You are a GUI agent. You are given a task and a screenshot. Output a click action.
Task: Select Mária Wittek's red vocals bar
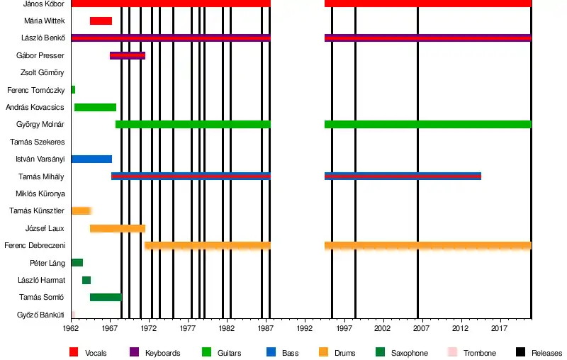101,21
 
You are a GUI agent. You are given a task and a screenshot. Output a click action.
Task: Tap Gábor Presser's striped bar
128,55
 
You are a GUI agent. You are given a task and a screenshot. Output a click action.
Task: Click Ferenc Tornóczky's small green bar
73,90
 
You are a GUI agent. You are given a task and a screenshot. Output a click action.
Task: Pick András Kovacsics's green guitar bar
95,107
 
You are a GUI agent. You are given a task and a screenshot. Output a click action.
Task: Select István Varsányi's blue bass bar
91,159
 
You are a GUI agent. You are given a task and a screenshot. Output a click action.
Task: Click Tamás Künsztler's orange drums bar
81,210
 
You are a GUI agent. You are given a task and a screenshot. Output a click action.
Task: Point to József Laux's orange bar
118,228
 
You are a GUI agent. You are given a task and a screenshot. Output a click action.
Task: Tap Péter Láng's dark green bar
77,263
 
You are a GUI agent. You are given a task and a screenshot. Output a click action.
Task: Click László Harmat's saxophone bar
86,280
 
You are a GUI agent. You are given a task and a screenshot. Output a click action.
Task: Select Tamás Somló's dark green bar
106,297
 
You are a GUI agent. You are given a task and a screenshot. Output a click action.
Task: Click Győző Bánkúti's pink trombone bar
73,314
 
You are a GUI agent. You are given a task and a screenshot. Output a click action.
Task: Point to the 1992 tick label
305,329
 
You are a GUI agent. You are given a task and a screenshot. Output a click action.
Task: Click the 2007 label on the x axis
422,329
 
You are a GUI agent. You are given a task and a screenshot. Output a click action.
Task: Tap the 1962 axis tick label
71,329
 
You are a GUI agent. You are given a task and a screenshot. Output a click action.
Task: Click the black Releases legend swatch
520,352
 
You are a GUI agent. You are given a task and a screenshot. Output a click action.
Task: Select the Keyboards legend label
162,353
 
